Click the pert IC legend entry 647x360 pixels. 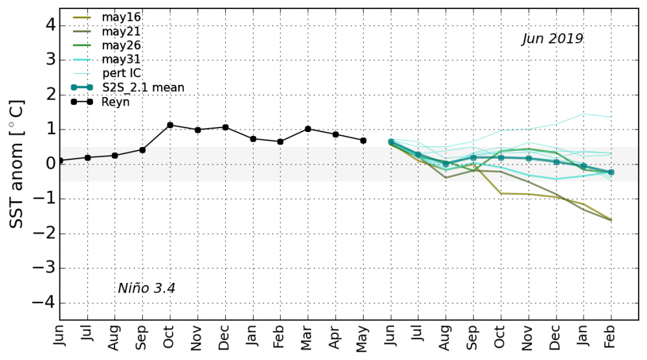click(x=121, y=73)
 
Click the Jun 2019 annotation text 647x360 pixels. click(x=553, y=39)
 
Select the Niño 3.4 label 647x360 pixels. click(x=146, y=288)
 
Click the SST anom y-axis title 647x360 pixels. click(x=17, y=163)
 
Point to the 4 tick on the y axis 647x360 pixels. click(x=50, y=26)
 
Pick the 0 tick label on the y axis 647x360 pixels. click(x=50, y=164)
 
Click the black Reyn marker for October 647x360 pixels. click(x=170, y=125)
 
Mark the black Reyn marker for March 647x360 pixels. click(x=308, y=129)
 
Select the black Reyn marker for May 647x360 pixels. click(x=363, y=141)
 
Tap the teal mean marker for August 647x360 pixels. click(x=445, y=164)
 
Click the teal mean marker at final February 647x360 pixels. click(x=611, y=172)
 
